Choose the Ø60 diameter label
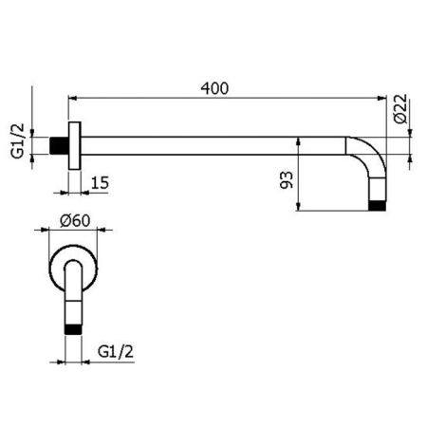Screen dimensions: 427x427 click(74, 219)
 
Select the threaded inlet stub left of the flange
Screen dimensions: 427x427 click(62, 146)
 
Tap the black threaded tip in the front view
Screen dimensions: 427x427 click(73, 328)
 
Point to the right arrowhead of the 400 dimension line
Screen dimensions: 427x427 click(383, 97)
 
